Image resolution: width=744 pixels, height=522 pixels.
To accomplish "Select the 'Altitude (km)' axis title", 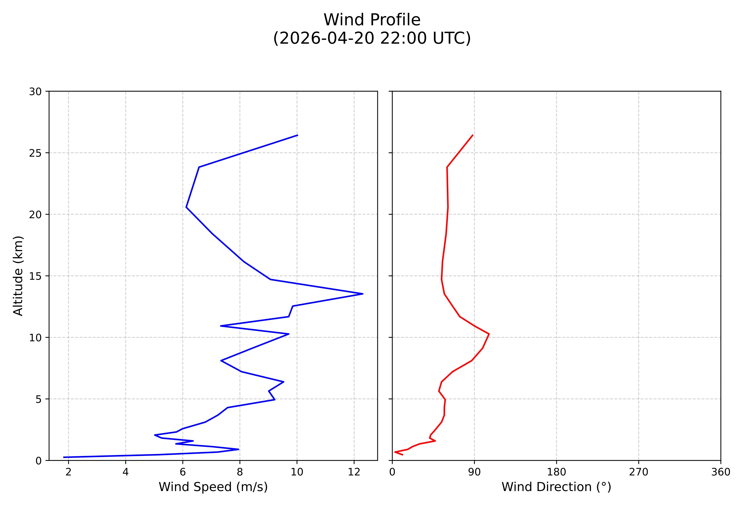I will coord(18,276).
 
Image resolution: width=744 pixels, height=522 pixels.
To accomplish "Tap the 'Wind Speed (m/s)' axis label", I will coord(213,487).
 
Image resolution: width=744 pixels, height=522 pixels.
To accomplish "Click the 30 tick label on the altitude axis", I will coord(35,92).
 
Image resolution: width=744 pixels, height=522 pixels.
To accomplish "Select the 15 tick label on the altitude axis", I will coord(35,276).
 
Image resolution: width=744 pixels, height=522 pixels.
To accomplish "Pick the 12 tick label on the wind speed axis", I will coord(354,472).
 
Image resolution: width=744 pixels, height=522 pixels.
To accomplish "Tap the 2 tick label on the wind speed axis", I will coord(68,472).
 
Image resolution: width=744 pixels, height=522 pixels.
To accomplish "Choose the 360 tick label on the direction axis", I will coord(721,472).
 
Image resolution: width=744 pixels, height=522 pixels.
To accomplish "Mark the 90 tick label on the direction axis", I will coord(474,472).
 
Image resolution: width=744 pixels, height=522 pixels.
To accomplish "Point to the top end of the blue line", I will coord(297,135).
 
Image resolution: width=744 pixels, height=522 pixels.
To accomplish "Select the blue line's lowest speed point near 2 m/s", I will coord(64,457).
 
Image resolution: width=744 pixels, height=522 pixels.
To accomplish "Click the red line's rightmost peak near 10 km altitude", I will coord(489,334).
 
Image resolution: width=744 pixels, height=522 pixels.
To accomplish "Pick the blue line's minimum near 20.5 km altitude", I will coord(186,207).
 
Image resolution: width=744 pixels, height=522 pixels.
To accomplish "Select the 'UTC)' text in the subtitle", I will coord(451,38).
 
